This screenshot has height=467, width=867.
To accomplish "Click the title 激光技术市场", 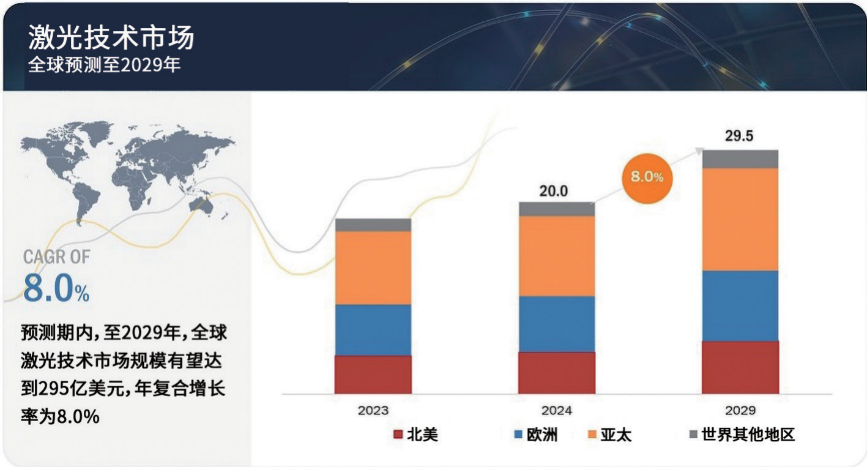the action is (111, 37).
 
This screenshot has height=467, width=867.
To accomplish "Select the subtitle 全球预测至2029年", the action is (104, 65).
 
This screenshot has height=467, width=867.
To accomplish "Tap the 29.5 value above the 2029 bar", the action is (739, 136).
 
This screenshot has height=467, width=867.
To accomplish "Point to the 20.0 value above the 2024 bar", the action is (554, 191).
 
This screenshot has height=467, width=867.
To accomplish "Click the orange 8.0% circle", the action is (647, 179).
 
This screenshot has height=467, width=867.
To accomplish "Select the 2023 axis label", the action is (373, 411).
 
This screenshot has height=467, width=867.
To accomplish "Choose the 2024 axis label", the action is (557, 411).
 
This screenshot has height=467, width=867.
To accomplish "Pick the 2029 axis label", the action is (740, 411).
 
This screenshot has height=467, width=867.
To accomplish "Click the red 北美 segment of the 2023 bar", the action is (373, 375).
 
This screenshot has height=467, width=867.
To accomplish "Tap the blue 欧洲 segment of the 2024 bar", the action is (557, 324).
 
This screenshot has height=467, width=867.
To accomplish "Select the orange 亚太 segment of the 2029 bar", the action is (740, 219).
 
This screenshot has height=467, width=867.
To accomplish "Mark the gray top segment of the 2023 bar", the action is (373, 225).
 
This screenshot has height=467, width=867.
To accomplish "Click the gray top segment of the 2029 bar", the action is (740, 159).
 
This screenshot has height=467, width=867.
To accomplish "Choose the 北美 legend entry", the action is (415, 435).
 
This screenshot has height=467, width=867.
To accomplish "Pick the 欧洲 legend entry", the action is (536, 435).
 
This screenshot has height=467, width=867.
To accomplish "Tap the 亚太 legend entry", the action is (609, 435).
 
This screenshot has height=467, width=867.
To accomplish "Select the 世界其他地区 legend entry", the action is (742, 435).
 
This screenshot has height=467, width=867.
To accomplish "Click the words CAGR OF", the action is (56, 256).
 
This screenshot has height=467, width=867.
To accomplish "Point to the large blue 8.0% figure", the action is (56, 288).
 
